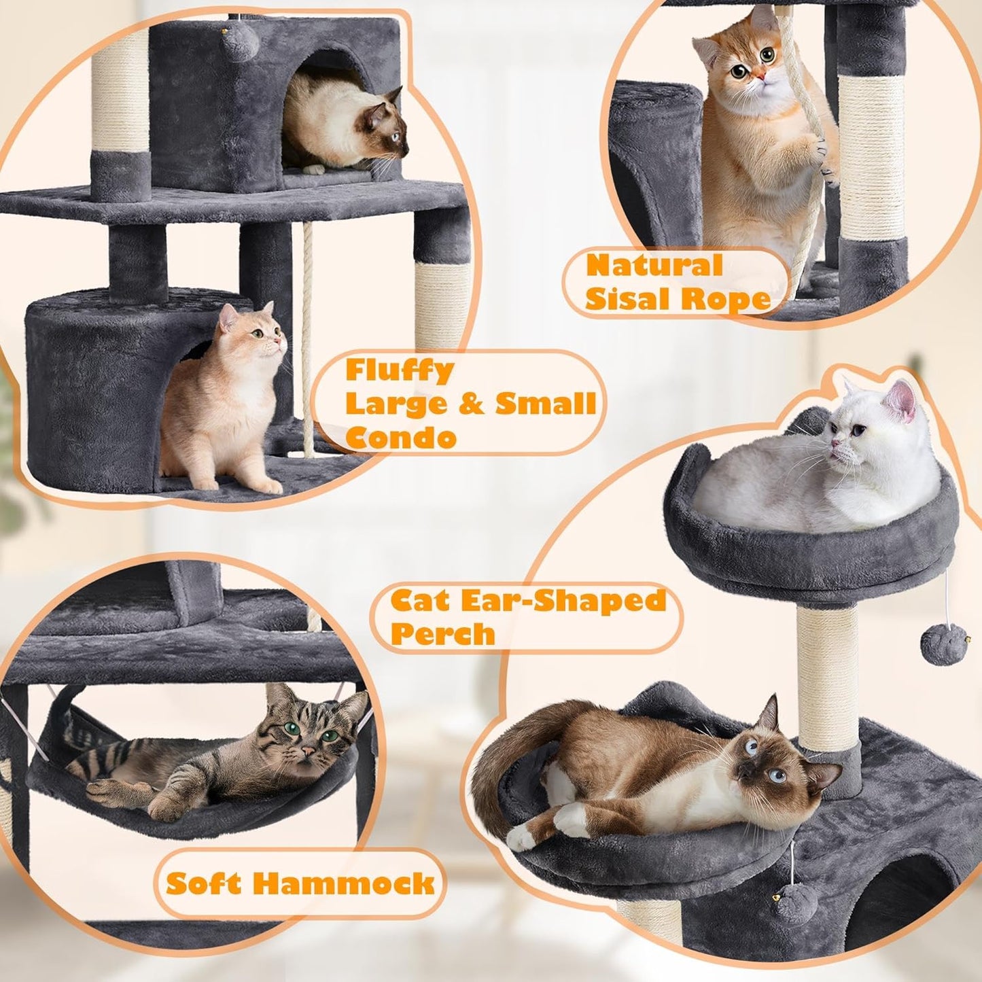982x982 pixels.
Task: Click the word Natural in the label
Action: pos(654,265)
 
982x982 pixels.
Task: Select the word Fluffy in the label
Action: pos(400,371)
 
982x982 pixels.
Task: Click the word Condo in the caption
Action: pos(400,437)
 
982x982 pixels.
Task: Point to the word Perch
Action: pos(442,633)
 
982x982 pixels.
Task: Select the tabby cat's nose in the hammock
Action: pos(308,752)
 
